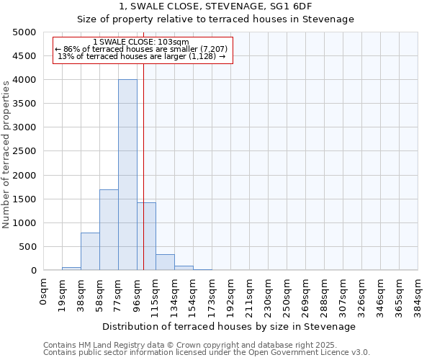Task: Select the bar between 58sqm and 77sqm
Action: (109, 230)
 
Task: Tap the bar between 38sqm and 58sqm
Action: (90, 251)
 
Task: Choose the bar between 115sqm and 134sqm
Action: (165, 262)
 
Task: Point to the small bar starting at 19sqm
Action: (71, 269)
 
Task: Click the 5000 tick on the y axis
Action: (24, 32)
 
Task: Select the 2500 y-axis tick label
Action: (24, 151)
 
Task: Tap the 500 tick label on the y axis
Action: (27, 247)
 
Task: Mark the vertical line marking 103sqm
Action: (144, 180)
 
